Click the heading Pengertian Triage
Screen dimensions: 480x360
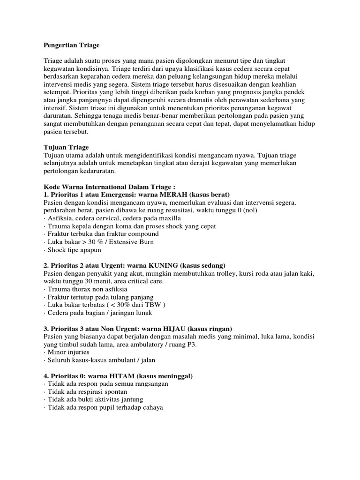pos(72,46)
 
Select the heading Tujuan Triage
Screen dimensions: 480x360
pos(66,148)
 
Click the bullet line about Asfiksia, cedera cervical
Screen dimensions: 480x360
pos(112,218)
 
